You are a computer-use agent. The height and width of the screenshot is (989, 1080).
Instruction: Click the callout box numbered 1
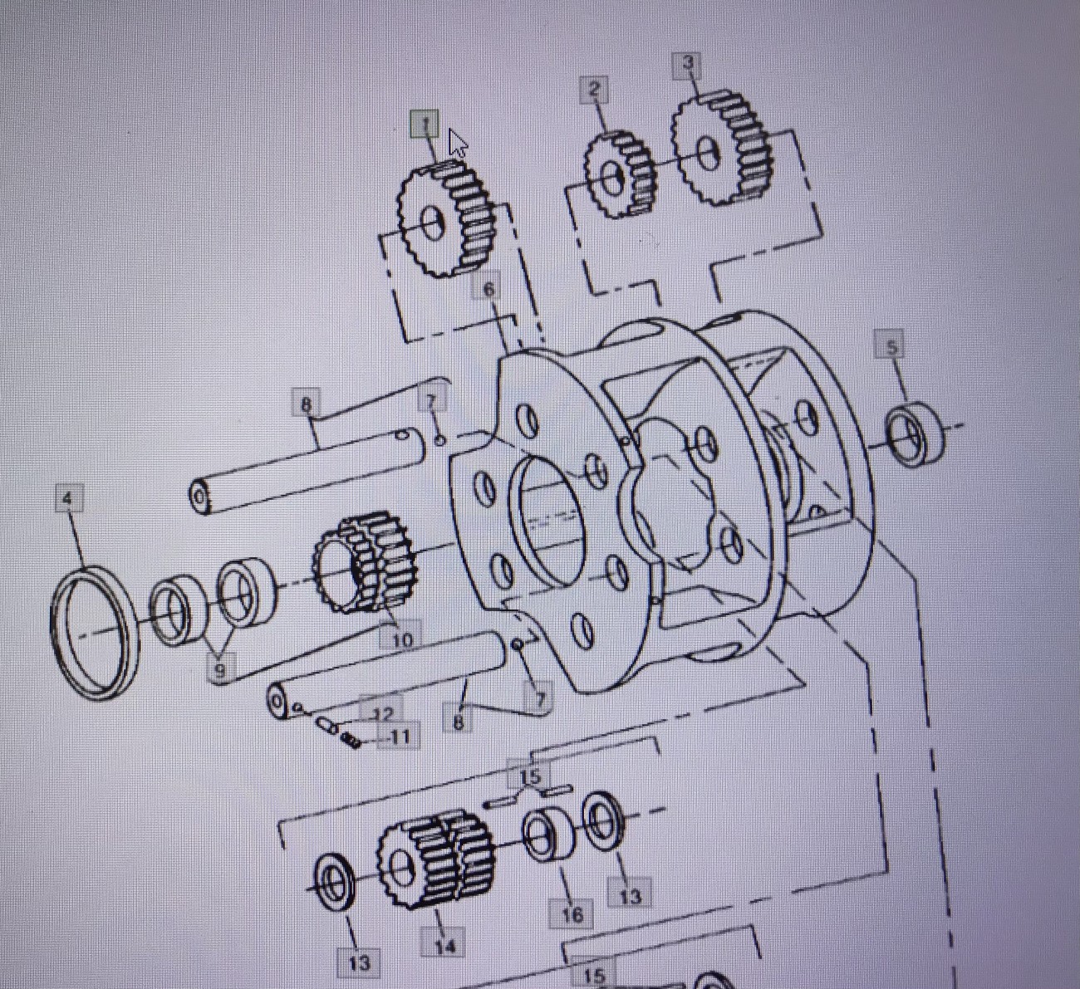(x=425, y=125)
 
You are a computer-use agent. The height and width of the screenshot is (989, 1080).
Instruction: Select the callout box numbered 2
(x=594, y=90)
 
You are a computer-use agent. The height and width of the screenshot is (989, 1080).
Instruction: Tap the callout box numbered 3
(x=688, y=63)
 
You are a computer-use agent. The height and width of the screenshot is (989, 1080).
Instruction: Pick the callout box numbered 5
(x=892, y=347)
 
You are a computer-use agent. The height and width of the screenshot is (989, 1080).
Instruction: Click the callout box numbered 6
(x=488, y=289)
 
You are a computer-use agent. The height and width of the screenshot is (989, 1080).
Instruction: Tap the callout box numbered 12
(x=381, y=714)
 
